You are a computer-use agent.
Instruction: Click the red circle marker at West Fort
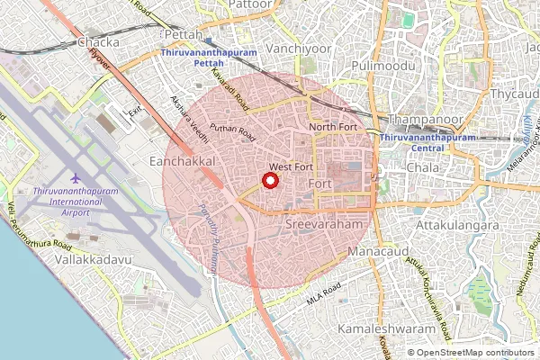pos(269,180)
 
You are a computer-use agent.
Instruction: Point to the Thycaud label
pos(514,93)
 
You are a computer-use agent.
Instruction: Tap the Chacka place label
pos(99,41)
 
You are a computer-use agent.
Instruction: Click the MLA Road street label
pos(323,293)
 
